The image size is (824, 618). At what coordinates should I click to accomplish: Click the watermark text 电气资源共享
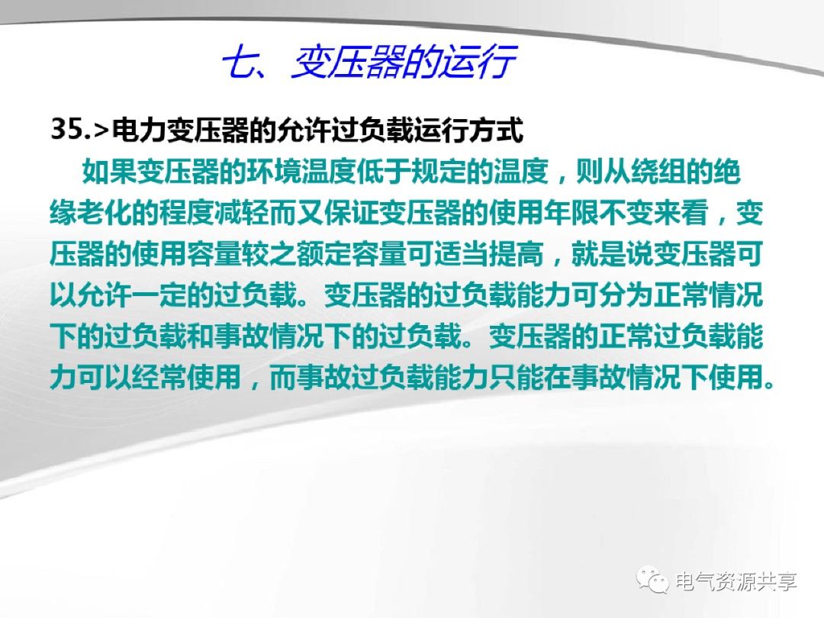[736, 581]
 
